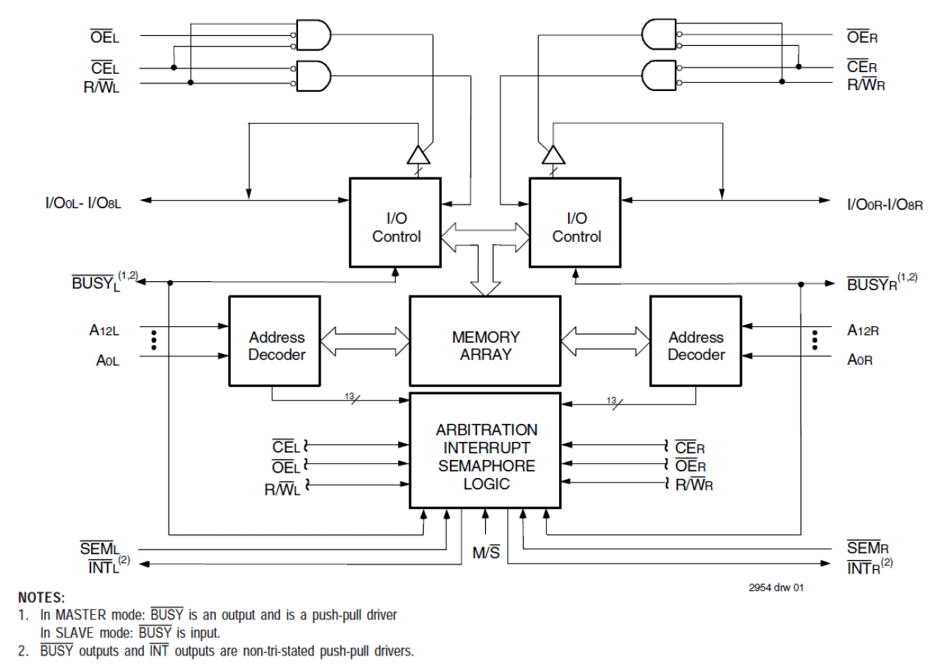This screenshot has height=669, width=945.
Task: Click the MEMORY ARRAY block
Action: pos(485,346)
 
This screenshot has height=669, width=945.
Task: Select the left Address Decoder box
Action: pos(276,346)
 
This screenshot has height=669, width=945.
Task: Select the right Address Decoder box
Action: pos(696,346)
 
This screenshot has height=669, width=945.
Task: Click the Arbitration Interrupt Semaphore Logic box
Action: pos(485,457)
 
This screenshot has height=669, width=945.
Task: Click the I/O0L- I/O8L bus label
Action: pos(84,201)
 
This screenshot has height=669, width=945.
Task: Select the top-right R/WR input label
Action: pos(865,84)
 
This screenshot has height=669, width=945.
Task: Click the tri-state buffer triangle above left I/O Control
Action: pos(418,155)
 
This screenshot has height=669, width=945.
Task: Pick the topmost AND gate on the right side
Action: pos(659,35)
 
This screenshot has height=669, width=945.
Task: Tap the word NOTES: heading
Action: pos(43,598)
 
